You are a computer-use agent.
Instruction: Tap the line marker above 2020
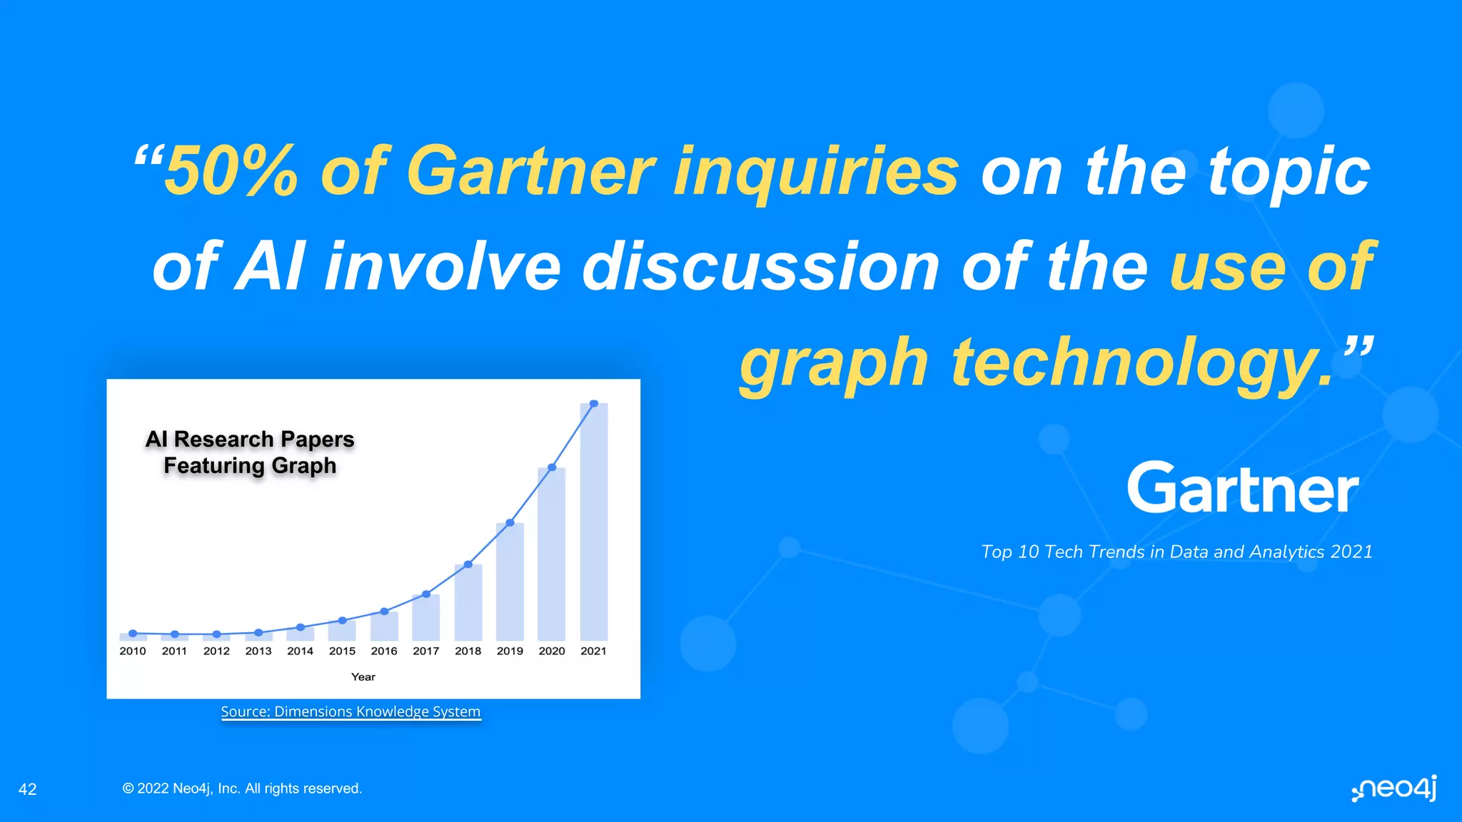[x=552, y=467]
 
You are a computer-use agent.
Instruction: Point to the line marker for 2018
[x=468, y=564]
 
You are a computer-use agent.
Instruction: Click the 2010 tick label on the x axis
[x=133, y=651]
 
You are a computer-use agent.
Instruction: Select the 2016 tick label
[x=384, y=651]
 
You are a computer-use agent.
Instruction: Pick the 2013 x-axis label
[x=258, y=651]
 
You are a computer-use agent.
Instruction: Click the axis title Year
[x=363, y=676]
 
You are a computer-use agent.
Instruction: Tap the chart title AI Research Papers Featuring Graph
[x=250, y=452]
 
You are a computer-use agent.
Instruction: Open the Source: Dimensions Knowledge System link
[x=351, y=711]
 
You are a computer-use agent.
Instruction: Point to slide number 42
[x=27, y=789]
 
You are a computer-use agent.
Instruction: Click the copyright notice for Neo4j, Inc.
[x=242, y=788]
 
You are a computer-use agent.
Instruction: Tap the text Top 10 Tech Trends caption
[x=1176, y=552]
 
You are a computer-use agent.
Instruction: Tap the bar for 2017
[x=426, y=617]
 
